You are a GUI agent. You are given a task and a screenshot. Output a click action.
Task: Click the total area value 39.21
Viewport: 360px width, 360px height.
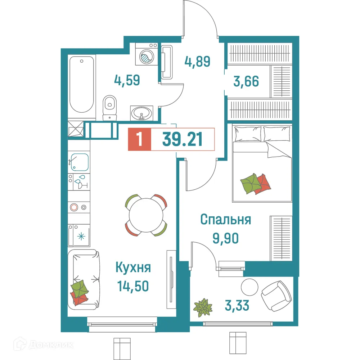(183, 139)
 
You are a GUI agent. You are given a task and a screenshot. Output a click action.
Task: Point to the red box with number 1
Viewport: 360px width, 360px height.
(140, 139)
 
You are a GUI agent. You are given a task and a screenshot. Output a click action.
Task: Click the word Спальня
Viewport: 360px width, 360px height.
(225, 220)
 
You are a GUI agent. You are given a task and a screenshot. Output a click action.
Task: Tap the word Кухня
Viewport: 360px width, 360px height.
(133, 268)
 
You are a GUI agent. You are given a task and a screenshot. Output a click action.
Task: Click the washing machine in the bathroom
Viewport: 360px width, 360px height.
(147, 54)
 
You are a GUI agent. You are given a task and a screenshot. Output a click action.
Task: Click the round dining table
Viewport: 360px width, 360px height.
(146, 215)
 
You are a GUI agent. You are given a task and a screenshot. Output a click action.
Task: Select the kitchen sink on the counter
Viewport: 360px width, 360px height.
(80, 162)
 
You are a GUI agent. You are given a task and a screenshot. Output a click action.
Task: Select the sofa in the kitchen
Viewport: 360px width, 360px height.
(84, 279)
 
